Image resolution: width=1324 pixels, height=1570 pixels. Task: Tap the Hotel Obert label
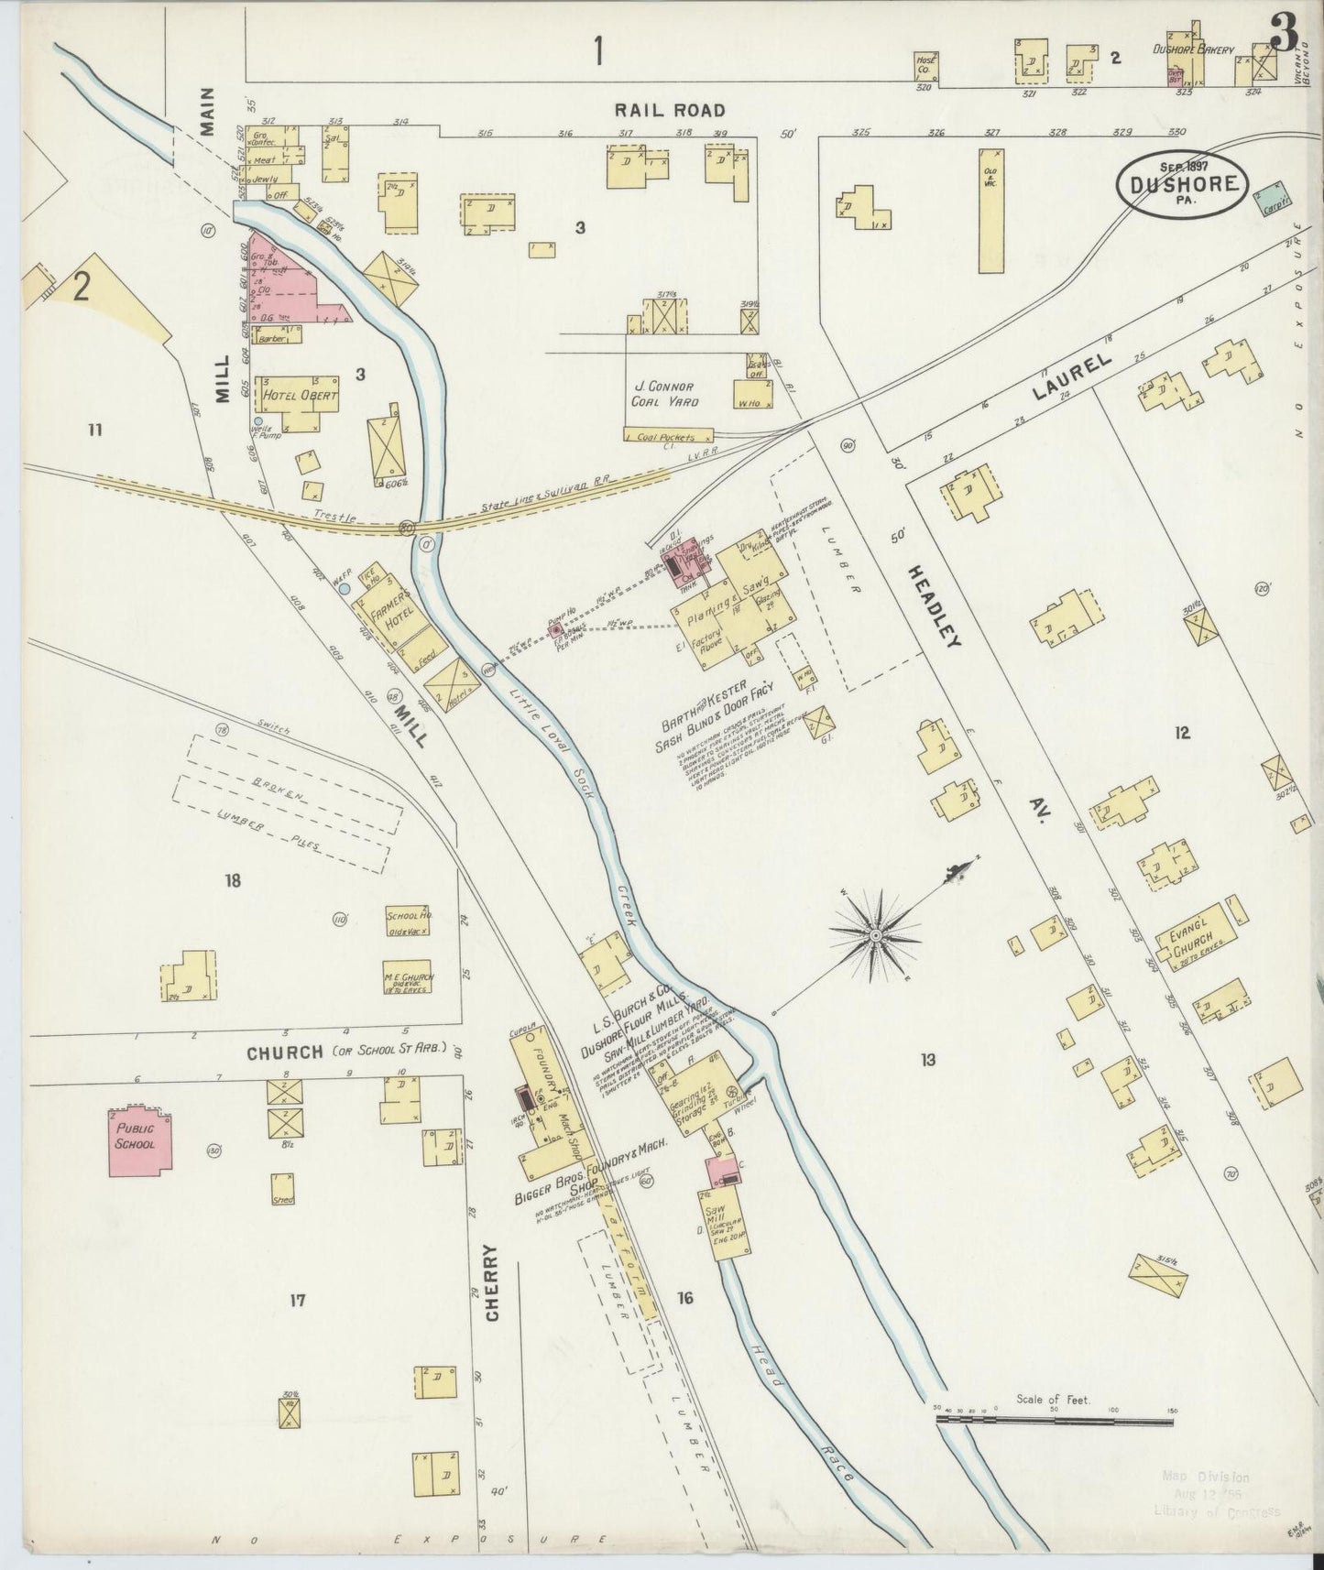(x=300, y=397)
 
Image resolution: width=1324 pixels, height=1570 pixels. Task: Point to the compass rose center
(x=875, y=935)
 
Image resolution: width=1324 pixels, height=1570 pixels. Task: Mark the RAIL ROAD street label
(x=670, y=111)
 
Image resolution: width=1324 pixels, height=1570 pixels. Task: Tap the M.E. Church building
(x=408, y=980)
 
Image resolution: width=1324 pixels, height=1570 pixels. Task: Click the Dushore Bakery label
(x=1193, y=50)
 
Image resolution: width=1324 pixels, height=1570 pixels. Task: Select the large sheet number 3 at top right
(x=1283, y=35)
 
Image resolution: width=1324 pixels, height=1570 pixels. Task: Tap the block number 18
(x=232, y=881)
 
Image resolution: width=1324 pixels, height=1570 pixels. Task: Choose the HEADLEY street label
(x=935, y=605)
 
